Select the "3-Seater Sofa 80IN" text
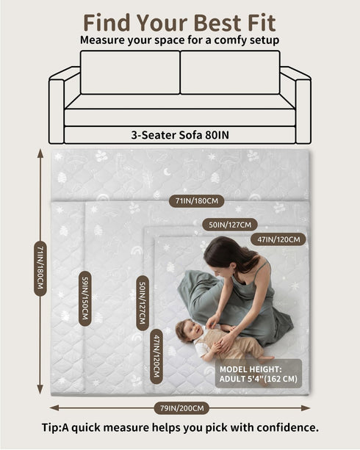(x=180, y=135)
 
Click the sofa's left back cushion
(x=130, y=73)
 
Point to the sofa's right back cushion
(x=230, y=73)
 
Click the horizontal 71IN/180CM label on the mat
(x=196, y=201)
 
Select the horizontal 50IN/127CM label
(x=230, y=225)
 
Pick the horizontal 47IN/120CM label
(x=278, y=239)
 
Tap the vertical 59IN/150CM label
(x=85, y=299)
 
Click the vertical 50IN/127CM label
(x=143, y=303)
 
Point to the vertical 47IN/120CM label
(x=156, y=356)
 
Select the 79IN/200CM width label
(x=181, y=408)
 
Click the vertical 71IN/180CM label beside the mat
(x=40, y=269)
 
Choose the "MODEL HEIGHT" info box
(x=259, y=374)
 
